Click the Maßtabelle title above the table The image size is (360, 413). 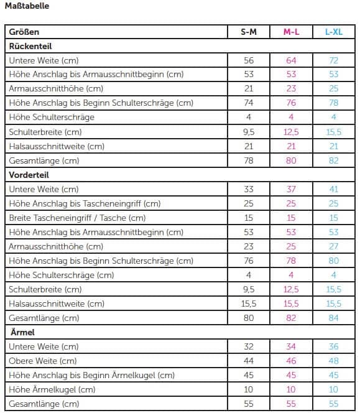coord(27,6)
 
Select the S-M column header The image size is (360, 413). coord(249,32)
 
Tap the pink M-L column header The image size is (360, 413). coord(291,32)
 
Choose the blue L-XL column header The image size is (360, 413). coord(334,32)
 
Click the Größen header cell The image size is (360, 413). coord(24,32)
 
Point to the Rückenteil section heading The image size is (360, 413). coord(30,47)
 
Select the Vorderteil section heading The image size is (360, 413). coord(29,175)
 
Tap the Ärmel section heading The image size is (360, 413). coord(22,332)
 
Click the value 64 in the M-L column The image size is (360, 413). coord(291,60)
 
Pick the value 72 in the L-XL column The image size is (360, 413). coord(334,60)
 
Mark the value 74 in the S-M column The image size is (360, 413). coord(249,103)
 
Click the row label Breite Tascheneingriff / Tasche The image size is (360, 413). coord(77,218)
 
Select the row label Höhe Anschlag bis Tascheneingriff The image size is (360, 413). coord(85,203)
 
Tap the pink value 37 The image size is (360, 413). coord(291,189)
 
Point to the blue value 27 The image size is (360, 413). coord(334,246)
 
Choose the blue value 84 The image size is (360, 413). coord(334,318)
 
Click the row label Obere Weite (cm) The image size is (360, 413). coord(43,361)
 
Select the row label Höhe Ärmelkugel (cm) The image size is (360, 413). coord(52,389)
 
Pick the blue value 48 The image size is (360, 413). coord(334,361)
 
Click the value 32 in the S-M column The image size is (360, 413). coord(249,346)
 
